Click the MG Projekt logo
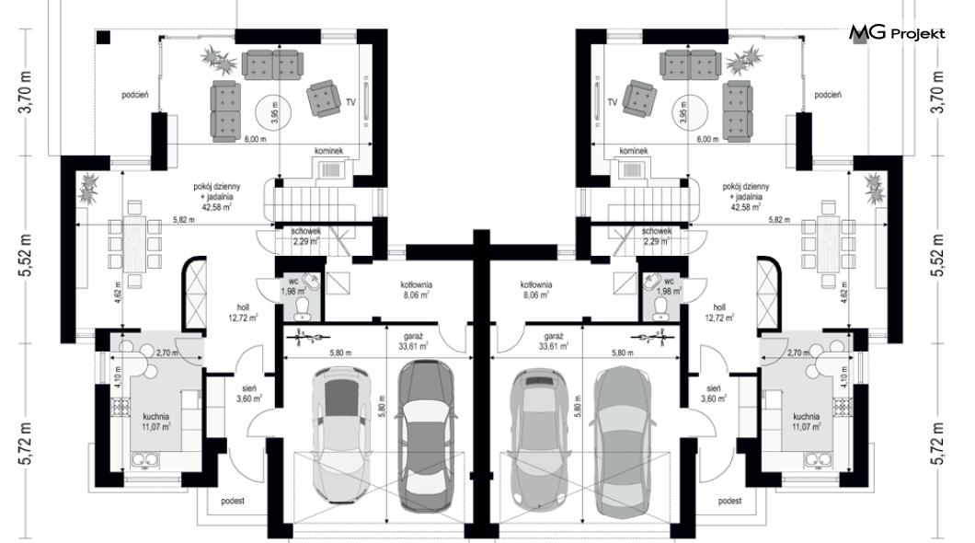(897, 33)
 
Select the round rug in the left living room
(274, 112)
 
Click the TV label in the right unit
(613, 102)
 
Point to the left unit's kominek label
(329, 151)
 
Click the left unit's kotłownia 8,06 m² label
(417, 290)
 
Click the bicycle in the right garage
(651, 339)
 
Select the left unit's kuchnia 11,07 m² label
(156, 422)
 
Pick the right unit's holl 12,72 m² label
(719, 312)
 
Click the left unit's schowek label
(306, 231)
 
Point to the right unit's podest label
(730, 501)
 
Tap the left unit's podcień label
(135, 95)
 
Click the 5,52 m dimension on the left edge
(26, 255)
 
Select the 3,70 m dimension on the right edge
(938, 92)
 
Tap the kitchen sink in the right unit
(820, 459)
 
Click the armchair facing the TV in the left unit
(324, 98)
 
